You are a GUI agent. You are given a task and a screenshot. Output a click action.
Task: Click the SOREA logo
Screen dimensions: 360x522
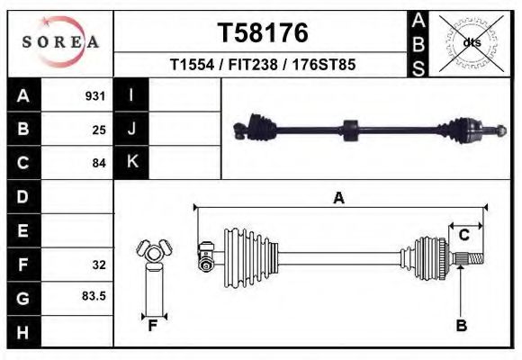pyautogui.click(x=60, y=42)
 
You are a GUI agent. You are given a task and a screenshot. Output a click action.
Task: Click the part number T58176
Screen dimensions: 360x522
pyautogui.click(x=262, y=33)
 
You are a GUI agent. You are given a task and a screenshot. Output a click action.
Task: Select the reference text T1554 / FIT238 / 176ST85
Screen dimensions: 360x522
pyautogui.click(x=262, y=66)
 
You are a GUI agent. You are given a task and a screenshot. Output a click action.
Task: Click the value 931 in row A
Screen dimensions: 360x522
pyautogui.click(x=95, y=95)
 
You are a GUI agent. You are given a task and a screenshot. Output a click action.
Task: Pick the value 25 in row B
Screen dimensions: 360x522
pyautogui.click(x=99, y=130)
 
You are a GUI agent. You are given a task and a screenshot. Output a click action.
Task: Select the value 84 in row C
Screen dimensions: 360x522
pyautogui.click(x=99, y=163)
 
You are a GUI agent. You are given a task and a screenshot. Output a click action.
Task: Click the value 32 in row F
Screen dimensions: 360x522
pyautogui.click(x=99, y=265)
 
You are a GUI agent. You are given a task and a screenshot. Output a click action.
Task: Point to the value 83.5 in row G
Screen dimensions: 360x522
pyautogui.click(x=94, y=296)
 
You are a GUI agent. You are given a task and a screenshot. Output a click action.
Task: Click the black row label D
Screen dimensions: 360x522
pyautogui.click(x=22, y=196)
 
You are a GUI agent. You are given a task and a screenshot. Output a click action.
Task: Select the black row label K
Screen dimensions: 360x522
pyautogui.click(x=131, y=163)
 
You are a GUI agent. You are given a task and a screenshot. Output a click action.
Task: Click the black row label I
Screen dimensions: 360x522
pyautogui.click(x=131, y=95)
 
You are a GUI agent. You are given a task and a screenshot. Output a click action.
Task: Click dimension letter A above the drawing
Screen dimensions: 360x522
pyautogui.click(x=339, y=199)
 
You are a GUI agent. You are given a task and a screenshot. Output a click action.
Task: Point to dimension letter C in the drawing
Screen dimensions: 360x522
pyautogui.click(x=464, y=235)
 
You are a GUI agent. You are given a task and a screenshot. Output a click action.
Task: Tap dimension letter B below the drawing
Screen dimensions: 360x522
pyautogui.click(x=461, y=326)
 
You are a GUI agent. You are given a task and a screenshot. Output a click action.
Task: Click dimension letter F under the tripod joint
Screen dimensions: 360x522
pyautogui.click(x=153, y=326)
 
